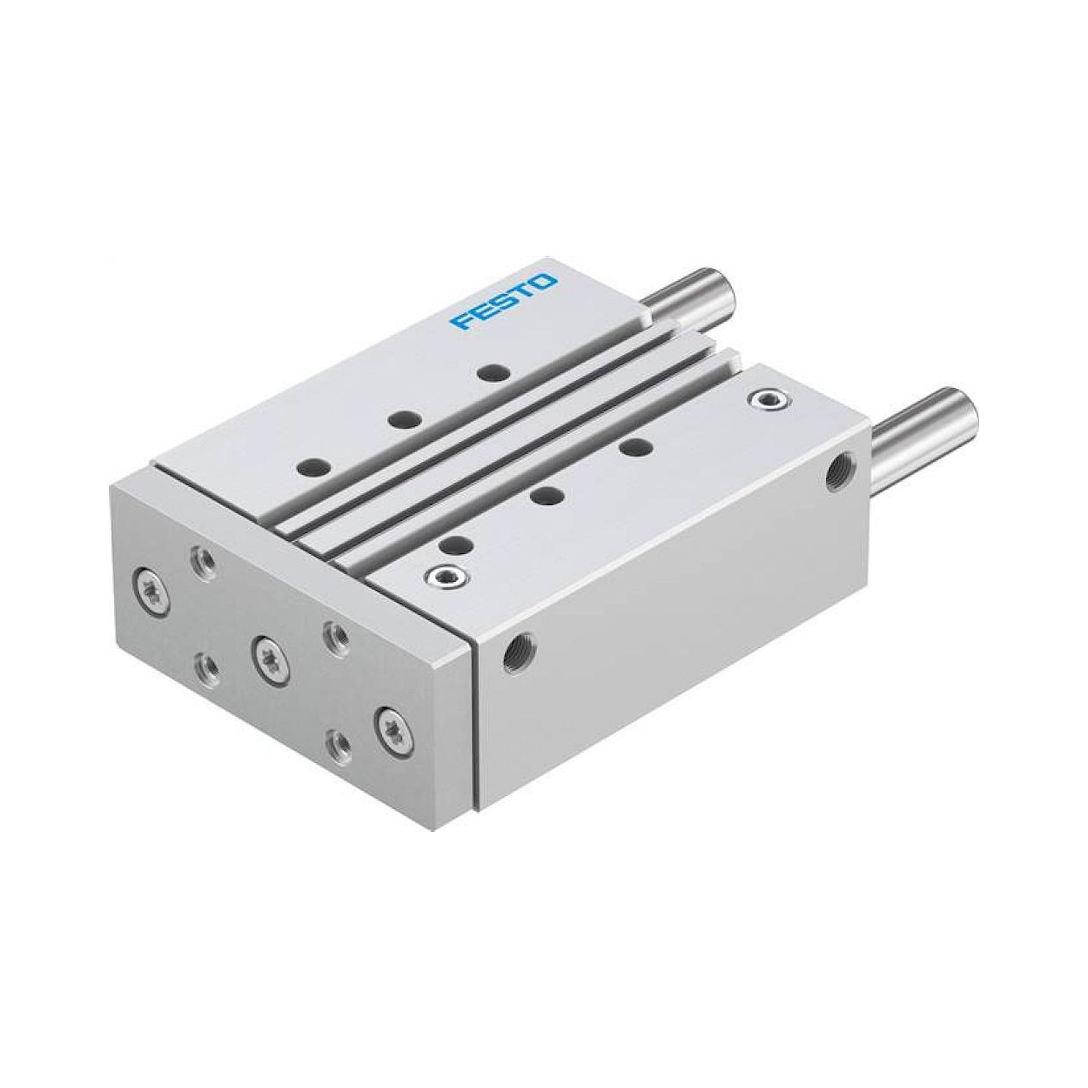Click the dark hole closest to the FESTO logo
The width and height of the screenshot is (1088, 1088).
click(x=493, y=372)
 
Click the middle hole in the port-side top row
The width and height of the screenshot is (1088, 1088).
click(x=548, y=496)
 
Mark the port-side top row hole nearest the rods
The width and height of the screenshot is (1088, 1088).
click(x=636, y=448)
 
